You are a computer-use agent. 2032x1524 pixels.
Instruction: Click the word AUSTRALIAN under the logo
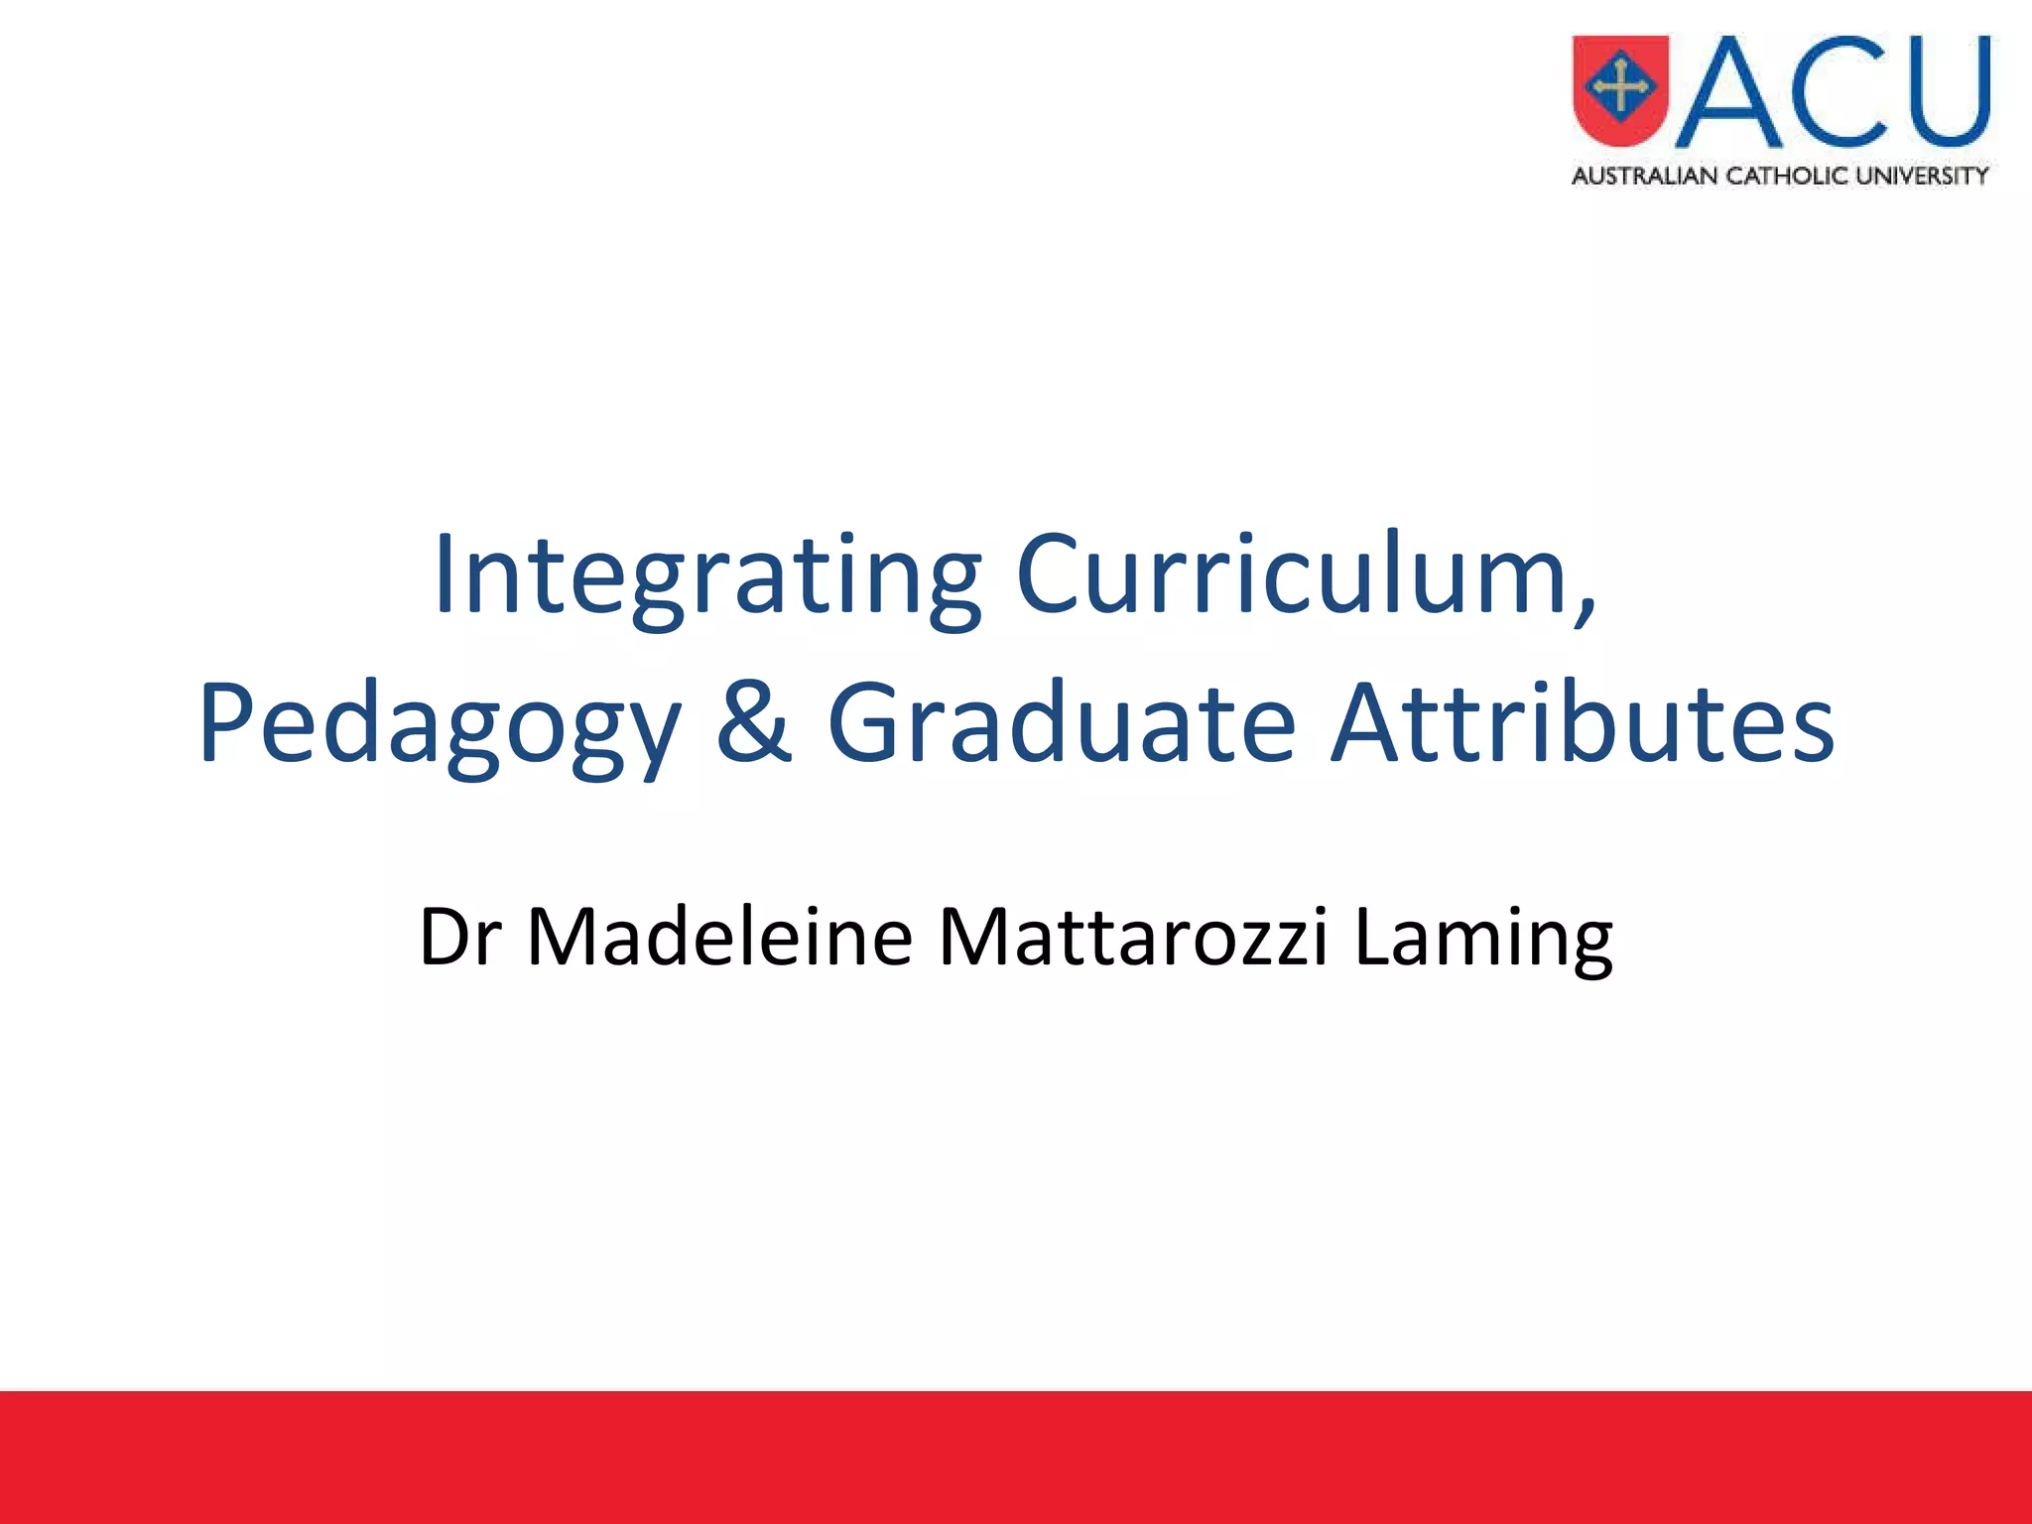coord(1644,177)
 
